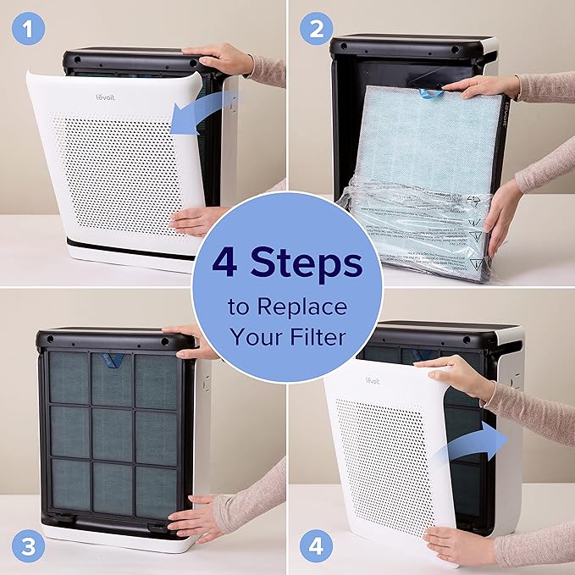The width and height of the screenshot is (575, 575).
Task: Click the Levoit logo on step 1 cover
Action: click(x=104, y=97)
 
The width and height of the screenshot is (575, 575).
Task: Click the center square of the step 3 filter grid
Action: click(x=112, y=434)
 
